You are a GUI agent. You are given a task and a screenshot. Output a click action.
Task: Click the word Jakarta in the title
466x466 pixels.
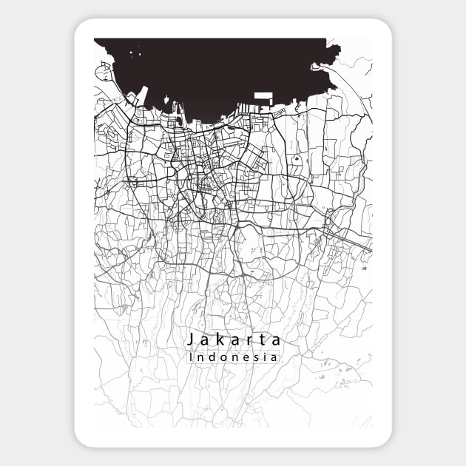point(234,340)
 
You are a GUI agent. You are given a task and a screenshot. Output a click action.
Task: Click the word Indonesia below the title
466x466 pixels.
point(234,357)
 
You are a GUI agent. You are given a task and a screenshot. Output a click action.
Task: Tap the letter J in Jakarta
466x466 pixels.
point(191,340)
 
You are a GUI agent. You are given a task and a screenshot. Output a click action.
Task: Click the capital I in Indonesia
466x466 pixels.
point(192,357)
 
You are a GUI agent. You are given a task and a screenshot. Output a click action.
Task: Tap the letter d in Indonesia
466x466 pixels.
point(211,357)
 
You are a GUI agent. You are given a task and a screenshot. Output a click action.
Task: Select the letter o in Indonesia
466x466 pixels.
point(221,358)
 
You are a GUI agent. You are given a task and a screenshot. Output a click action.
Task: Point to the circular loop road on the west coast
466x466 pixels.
point(101,72)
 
